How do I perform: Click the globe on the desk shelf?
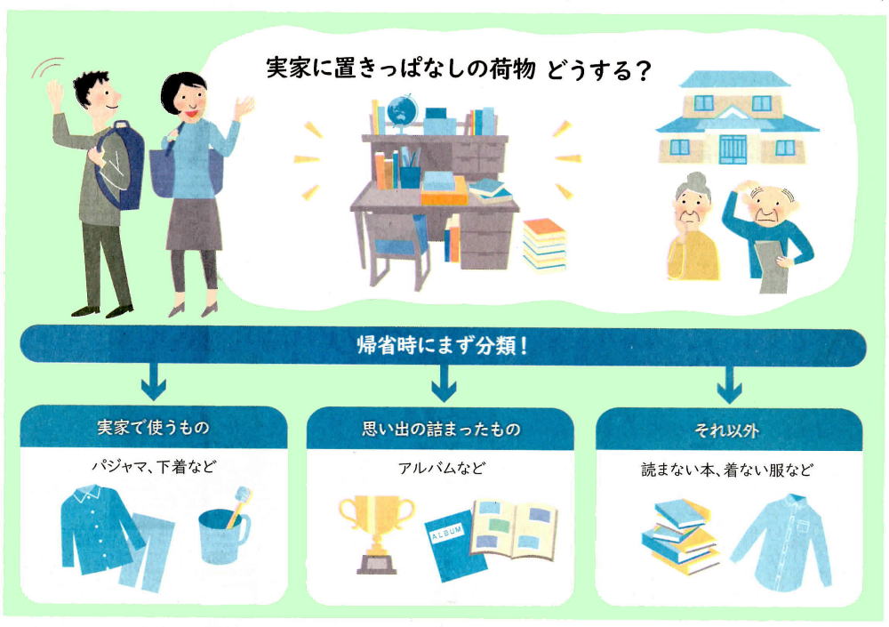(402, 112)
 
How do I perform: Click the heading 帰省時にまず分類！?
(442, 345)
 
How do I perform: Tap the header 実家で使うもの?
(153, 427)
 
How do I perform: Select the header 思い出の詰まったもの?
(441, 429)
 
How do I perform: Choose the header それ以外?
(727, 430)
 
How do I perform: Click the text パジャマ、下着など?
(154, 466)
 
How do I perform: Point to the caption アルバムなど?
(441, 468)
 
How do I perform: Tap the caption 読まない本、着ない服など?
(727, 470)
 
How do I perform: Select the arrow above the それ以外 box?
(729, 385)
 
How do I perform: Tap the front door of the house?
(733, 149)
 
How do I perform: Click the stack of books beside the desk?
(544, 245)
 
